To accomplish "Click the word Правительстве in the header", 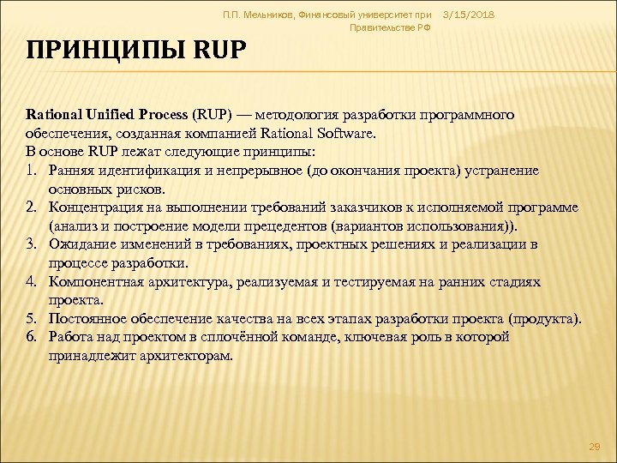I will (378, 28).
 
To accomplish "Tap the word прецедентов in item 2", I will (303, 226).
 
